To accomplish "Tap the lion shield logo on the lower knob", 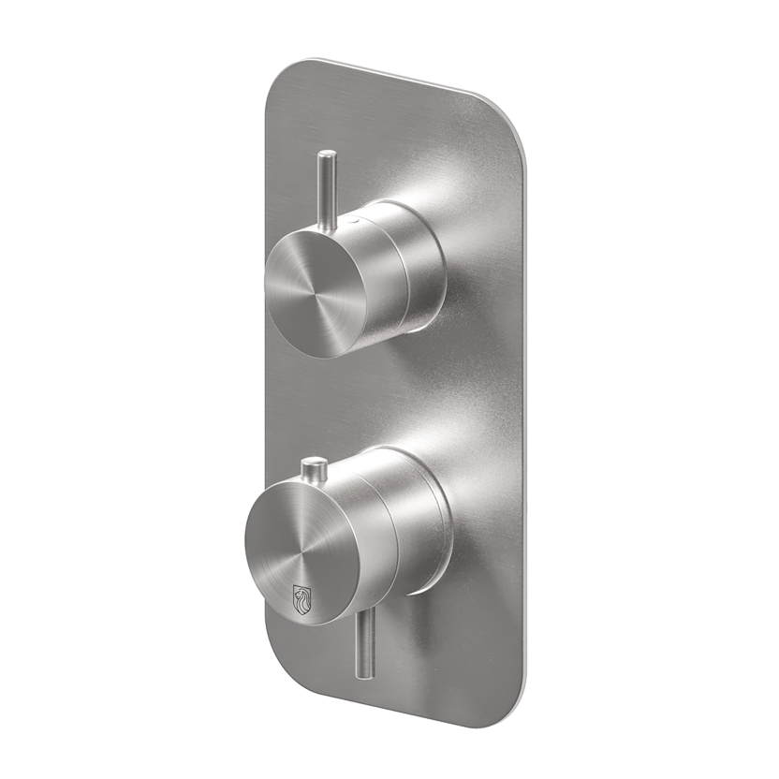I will [302, 595].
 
